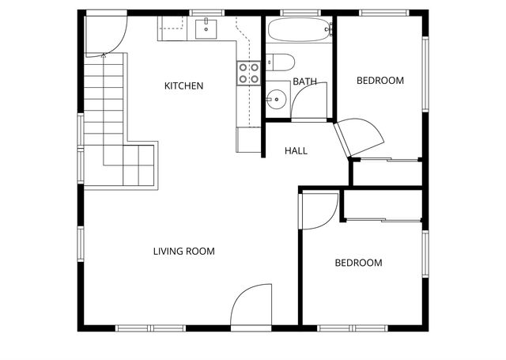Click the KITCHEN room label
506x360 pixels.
183,85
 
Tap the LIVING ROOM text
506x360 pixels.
183,252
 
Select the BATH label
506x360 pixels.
304,81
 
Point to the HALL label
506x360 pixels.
296,150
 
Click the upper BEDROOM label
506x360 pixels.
379,80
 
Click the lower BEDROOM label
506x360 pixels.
357,263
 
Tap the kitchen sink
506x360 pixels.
206,29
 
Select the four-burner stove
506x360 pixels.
249,73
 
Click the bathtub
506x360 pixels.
297,32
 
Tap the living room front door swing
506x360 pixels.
251,307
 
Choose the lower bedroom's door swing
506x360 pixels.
317,210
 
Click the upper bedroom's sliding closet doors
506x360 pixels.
387,161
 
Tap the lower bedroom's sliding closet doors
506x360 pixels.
383,218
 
